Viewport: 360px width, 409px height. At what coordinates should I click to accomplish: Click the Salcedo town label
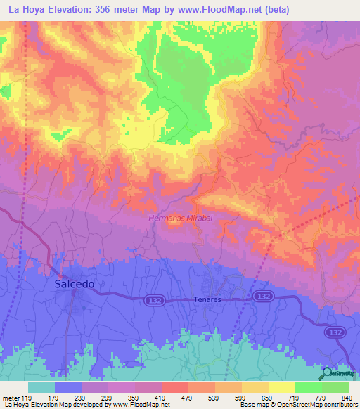click(x=73, y=285)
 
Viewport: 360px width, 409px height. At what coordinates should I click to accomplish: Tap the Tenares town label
click(x=207, y=299)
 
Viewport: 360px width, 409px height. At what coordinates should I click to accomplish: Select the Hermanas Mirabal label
click(x=180, y=219)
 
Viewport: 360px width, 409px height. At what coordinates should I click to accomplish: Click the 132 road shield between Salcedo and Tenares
click(x=156, y=299)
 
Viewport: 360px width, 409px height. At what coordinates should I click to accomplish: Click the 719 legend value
click(x=295, y=398)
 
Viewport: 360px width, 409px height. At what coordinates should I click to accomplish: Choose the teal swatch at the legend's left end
click(x=41, y=387)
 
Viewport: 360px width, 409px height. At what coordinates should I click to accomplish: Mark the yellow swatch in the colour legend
click(x=282, y=387)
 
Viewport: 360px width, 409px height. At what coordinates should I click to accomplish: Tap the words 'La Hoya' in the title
click(x=22, y=10)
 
